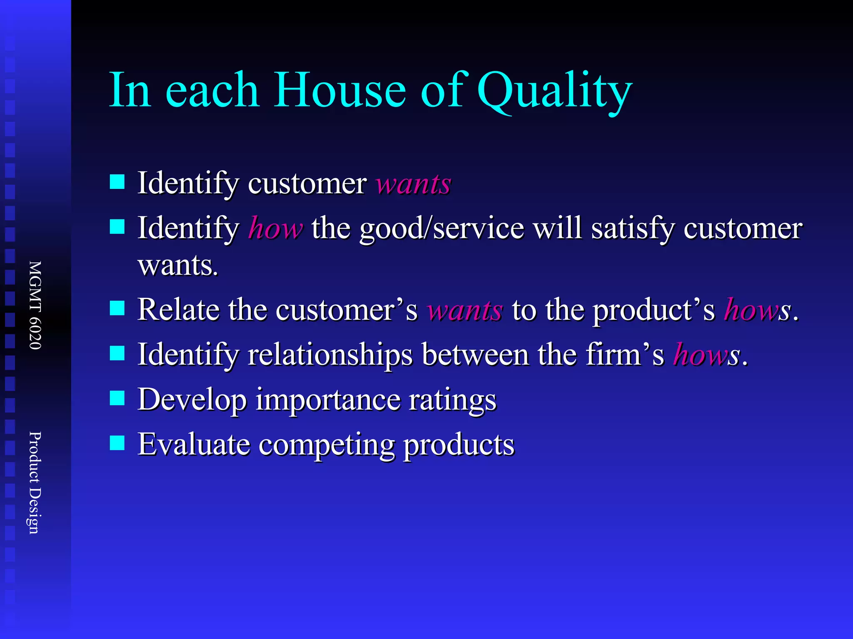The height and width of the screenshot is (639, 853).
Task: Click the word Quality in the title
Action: tap(554, 91)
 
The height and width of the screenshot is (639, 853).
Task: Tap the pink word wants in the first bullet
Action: tap(414, 184)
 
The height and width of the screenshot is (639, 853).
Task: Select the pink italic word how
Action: tap(275, 228)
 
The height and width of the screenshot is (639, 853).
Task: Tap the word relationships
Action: tap(330, 355)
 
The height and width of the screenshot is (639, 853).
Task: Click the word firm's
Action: tap(624, 355)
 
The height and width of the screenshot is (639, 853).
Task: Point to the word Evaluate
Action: tap(194, 444)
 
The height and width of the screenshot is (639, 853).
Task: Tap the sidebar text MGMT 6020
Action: tap(35, 305)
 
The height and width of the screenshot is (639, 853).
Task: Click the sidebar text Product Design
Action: tap(35, 483)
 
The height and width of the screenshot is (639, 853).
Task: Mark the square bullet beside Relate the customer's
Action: tap(117, 308)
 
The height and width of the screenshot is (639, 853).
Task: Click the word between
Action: tap(475, 355)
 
